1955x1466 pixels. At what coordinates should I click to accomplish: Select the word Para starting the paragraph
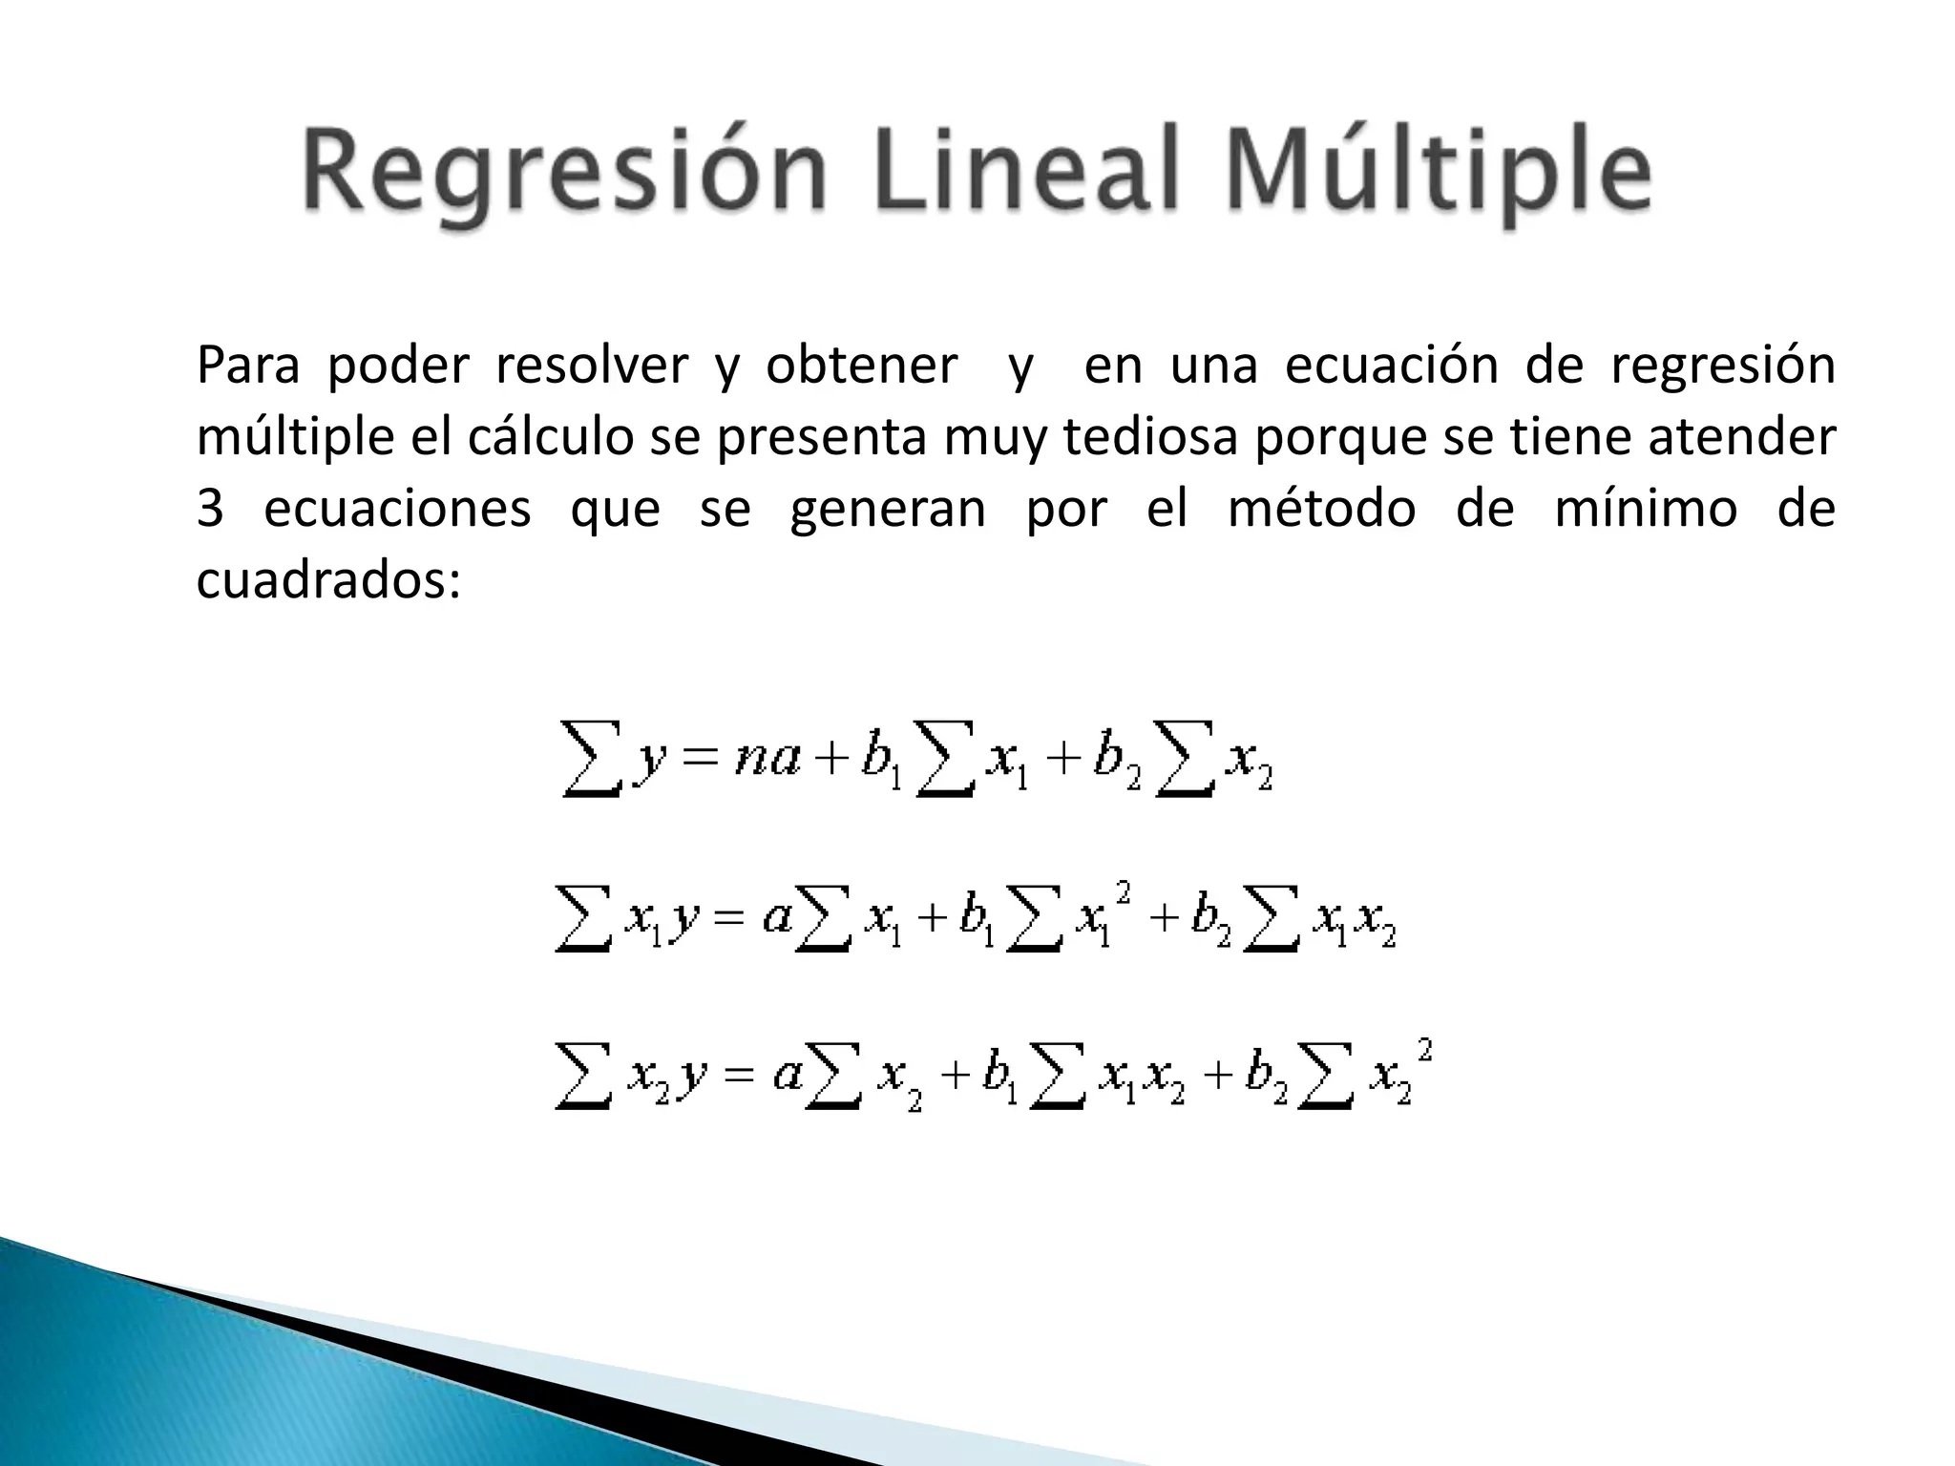(247, 366)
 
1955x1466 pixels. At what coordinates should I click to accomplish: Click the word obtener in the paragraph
(861, 366)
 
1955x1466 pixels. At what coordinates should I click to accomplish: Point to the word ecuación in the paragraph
(1391, 366)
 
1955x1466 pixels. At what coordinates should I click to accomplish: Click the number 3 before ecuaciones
(210, 509)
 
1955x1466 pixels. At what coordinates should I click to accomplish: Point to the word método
(1321, 509)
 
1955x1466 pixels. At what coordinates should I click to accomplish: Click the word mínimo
(1646, 509)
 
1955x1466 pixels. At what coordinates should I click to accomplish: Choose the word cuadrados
(327, 580)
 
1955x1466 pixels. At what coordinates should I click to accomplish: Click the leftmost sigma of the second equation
(583, 919)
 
